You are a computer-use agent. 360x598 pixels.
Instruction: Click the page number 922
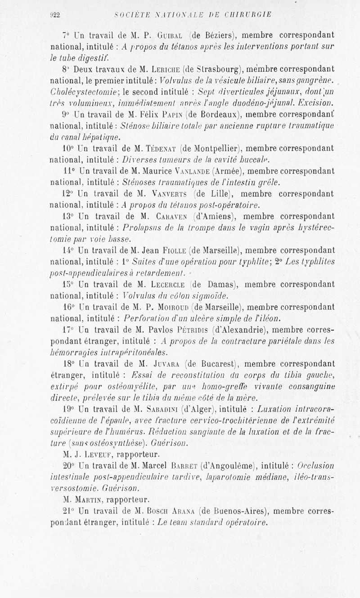pyautogui.click(x=55, y=14)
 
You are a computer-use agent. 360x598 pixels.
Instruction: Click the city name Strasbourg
pyautogui.click(x=219, y=69)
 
